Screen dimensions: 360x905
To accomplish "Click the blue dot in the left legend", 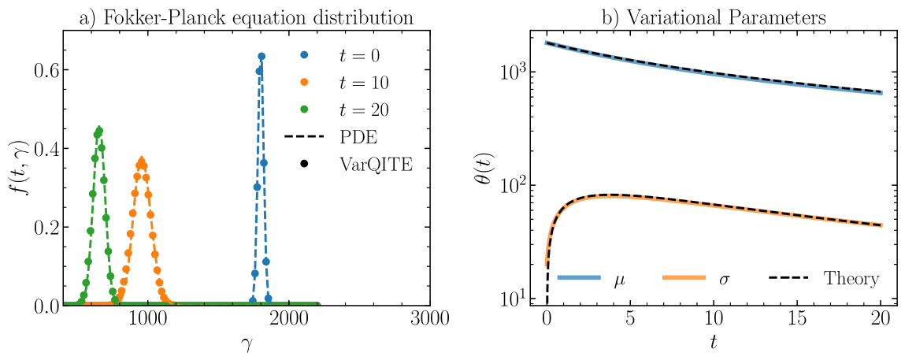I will (x=304, y=55).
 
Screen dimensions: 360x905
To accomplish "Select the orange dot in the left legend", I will (x=304, y=82).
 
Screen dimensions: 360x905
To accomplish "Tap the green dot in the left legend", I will (x=304, y=109).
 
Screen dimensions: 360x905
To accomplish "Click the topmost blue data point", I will (x=261, y=56).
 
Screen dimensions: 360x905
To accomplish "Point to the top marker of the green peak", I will (x=98, y=131).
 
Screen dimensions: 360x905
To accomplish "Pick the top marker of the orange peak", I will (x=141, y=161).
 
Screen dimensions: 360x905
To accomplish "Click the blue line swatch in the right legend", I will (x=578, y=277).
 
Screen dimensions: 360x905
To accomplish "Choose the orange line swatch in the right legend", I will (x=684, y=277).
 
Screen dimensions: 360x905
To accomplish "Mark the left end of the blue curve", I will (x=546, y=43).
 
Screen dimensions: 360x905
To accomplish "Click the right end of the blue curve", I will (x=882, y=93).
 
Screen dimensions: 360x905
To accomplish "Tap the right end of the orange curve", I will (x=882, y=225).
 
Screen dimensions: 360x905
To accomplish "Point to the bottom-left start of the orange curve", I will (x=546, y=265).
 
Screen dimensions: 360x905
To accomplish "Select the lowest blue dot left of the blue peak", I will (x=253, y=300).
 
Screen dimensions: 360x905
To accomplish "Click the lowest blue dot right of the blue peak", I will (x=269, y=299).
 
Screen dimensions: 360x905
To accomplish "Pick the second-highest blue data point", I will (x=259, y=72).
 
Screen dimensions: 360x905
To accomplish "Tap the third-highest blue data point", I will (x=263, y=163).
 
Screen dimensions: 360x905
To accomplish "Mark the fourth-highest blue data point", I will (x=257, y=187).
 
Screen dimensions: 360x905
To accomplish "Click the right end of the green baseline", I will (x=319, y=303).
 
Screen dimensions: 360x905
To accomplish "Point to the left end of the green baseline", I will (x=65, y=303).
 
